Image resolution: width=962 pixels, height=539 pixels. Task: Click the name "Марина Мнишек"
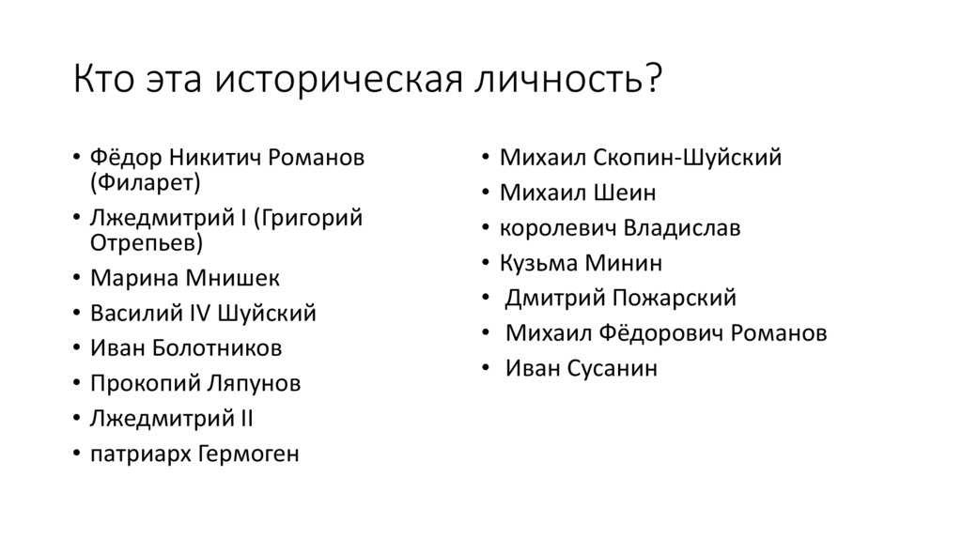[185, 278]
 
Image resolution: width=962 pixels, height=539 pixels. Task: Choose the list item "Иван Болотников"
[186, 348]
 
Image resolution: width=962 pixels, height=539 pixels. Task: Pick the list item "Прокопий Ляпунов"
[196, 383]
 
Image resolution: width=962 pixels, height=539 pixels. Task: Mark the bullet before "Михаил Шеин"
[485, 193]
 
